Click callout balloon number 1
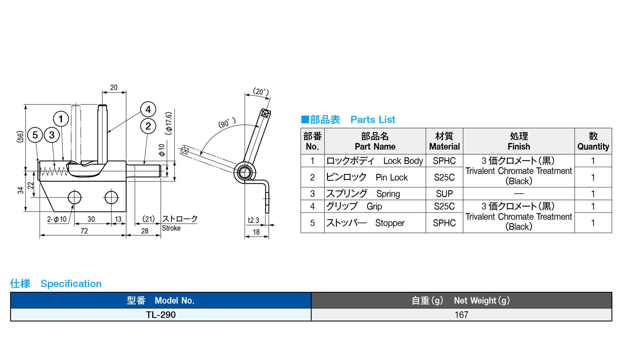pos(61,119)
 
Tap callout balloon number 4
pos(148,109)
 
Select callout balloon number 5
pos(35,135)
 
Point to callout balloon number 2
pos(148,126)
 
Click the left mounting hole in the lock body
pos(75,197)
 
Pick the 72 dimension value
pos(84,231)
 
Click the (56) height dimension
pos(21,137)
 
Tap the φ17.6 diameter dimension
pos(169,123)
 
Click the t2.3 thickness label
pos(253,220)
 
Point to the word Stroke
pos(171,228)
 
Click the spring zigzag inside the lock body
pos(54,171)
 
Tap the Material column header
pos(444,141)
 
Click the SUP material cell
pos(444,194)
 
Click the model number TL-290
pos(161,315)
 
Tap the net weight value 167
pos(461,315)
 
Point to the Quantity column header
pos(593,141)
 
